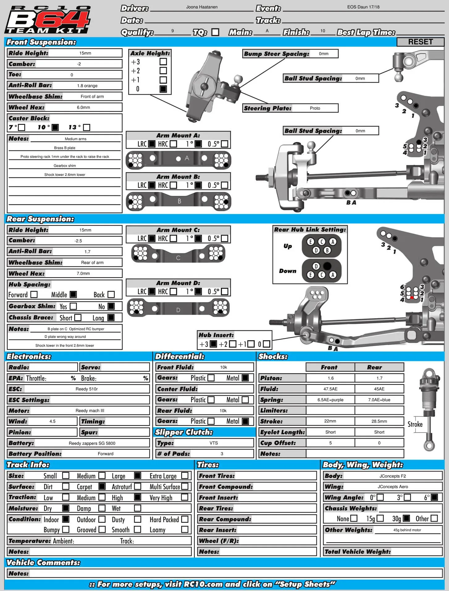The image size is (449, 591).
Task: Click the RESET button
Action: [x=420, y=42]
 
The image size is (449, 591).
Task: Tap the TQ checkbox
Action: [x=215, y=32]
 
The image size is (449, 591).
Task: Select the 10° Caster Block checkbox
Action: [x=55, y=127]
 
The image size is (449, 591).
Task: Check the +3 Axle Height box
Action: [x=163, y=62]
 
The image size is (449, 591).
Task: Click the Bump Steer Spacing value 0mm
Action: [x=324, y=54]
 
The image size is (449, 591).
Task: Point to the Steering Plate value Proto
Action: [x=315, y=108]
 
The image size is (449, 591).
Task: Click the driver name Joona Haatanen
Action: [x=202, y=7]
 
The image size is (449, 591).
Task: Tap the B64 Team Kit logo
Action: [x=48, y=19]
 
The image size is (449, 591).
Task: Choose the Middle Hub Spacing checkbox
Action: [x=73, y=294]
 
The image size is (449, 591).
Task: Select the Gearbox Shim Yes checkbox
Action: [x=73, y=306]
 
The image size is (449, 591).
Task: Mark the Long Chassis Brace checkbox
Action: [x=111, y=318]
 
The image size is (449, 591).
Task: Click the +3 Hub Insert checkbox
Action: [x=213, y=344]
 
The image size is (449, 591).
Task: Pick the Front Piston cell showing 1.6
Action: [x=330, y=378]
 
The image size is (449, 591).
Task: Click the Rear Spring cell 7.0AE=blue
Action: [x=379, y=400]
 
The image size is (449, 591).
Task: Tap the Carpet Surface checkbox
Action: [x=102, y=487]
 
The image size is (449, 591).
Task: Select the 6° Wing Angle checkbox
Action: [x=434, y=497]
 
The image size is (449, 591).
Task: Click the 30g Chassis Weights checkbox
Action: [x=406, y=518]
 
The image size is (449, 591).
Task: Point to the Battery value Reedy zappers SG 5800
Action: [x=92, y=443]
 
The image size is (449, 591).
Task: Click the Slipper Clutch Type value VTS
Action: [x=214, y=443]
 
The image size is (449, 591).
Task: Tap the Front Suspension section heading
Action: [x=41, y=42]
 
